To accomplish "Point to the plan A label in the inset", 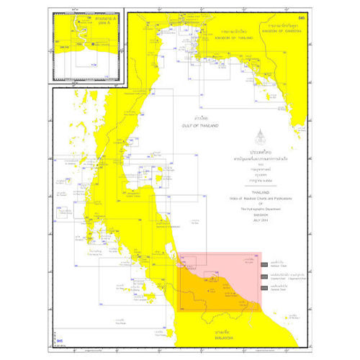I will pyautogui.click(x=85, y=23).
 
